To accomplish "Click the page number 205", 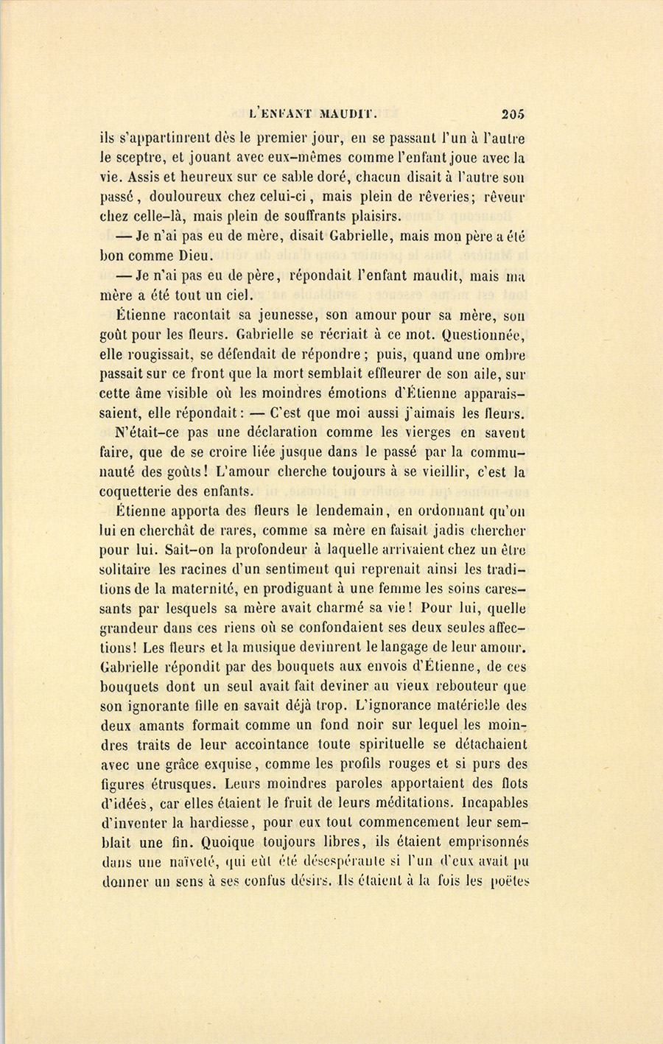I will (512, 114).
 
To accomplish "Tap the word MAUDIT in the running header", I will (346, 114).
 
